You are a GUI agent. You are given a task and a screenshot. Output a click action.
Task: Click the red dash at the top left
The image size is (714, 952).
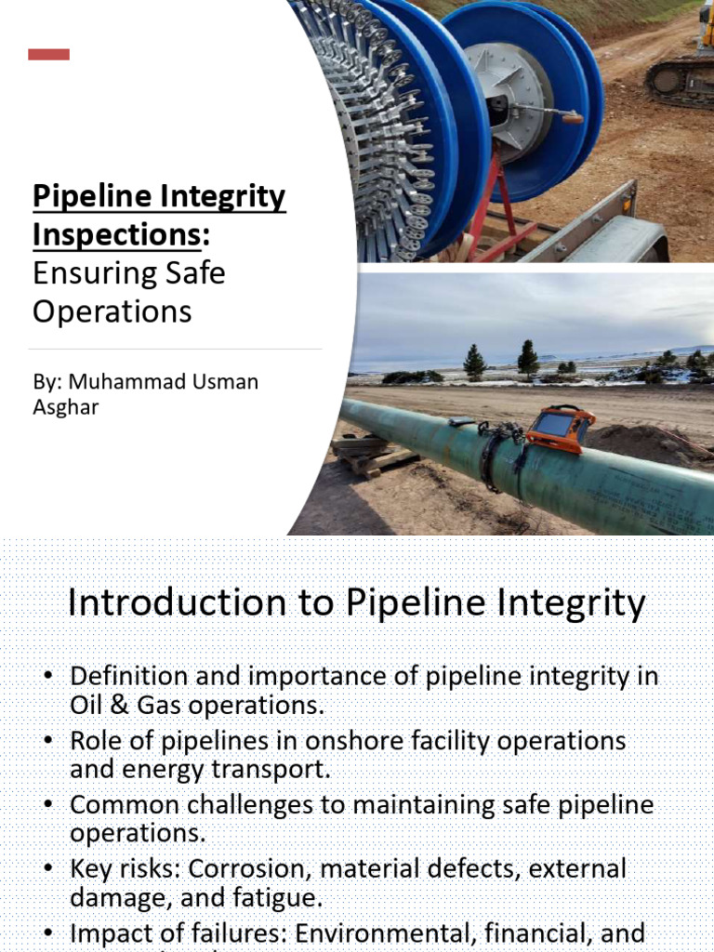point(48,55)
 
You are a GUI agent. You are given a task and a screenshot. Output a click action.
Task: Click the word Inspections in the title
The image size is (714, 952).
point(116,236)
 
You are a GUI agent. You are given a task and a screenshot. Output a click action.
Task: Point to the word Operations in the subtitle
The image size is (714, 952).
point(112,311)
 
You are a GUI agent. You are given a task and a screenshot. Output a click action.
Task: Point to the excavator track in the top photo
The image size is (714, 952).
point(679,81)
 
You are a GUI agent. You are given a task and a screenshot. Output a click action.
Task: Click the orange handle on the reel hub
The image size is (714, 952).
point(570,118)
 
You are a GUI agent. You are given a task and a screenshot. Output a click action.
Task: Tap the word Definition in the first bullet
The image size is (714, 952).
point(127,676)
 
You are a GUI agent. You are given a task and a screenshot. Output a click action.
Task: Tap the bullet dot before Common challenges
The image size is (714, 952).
point(52,805)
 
